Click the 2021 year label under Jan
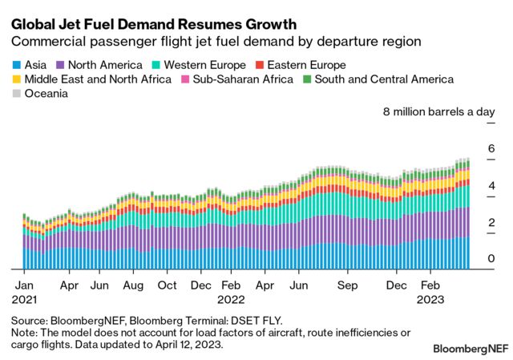(x=24, y=299)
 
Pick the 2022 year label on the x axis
(x=232, y=299)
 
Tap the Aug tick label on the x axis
(x=133, y=285)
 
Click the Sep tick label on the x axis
(x=347, y=285)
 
